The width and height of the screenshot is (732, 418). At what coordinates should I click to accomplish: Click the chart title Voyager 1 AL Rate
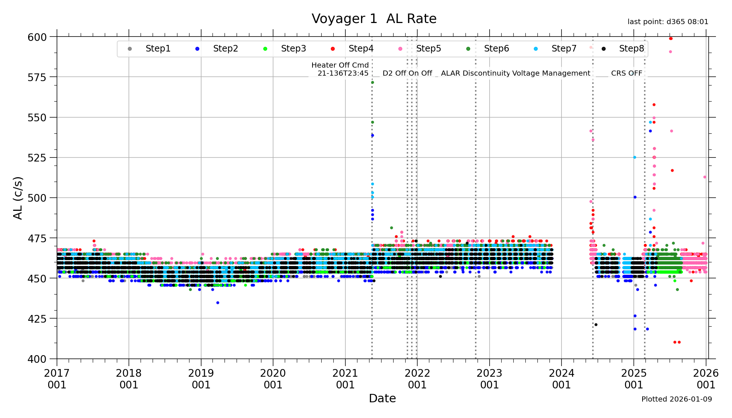374,19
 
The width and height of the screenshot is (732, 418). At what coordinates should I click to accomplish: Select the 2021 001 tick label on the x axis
345,379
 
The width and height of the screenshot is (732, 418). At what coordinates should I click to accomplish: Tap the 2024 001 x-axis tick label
562,379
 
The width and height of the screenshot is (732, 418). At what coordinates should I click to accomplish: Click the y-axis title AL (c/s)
18,198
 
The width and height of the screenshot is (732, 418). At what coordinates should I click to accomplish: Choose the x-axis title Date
382,398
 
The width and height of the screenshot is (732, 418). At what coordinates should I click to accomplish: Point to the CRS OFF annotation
626,73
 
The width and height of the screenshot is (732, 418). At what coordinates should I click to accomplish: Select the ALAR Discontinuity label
475,73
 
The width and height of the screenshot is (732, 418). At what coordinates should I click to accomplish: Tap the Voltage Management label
551,73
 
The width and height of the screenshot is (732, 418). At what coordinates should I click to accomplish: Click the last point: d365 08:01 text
668,22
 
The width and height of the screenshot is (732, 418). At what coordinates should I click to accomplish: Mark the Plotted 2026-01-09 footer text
677,399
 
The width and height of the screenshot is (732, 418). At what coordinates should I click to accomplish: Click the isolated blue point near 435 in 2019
218,303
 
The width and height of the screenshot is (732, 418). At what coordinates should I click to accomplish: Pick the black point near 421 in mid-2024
596,324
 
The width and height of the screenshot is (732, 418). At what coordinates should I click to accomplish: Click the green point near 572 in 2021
372,82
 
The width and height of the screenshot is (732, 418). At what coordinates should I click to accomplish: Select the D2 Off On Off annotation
407,73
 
